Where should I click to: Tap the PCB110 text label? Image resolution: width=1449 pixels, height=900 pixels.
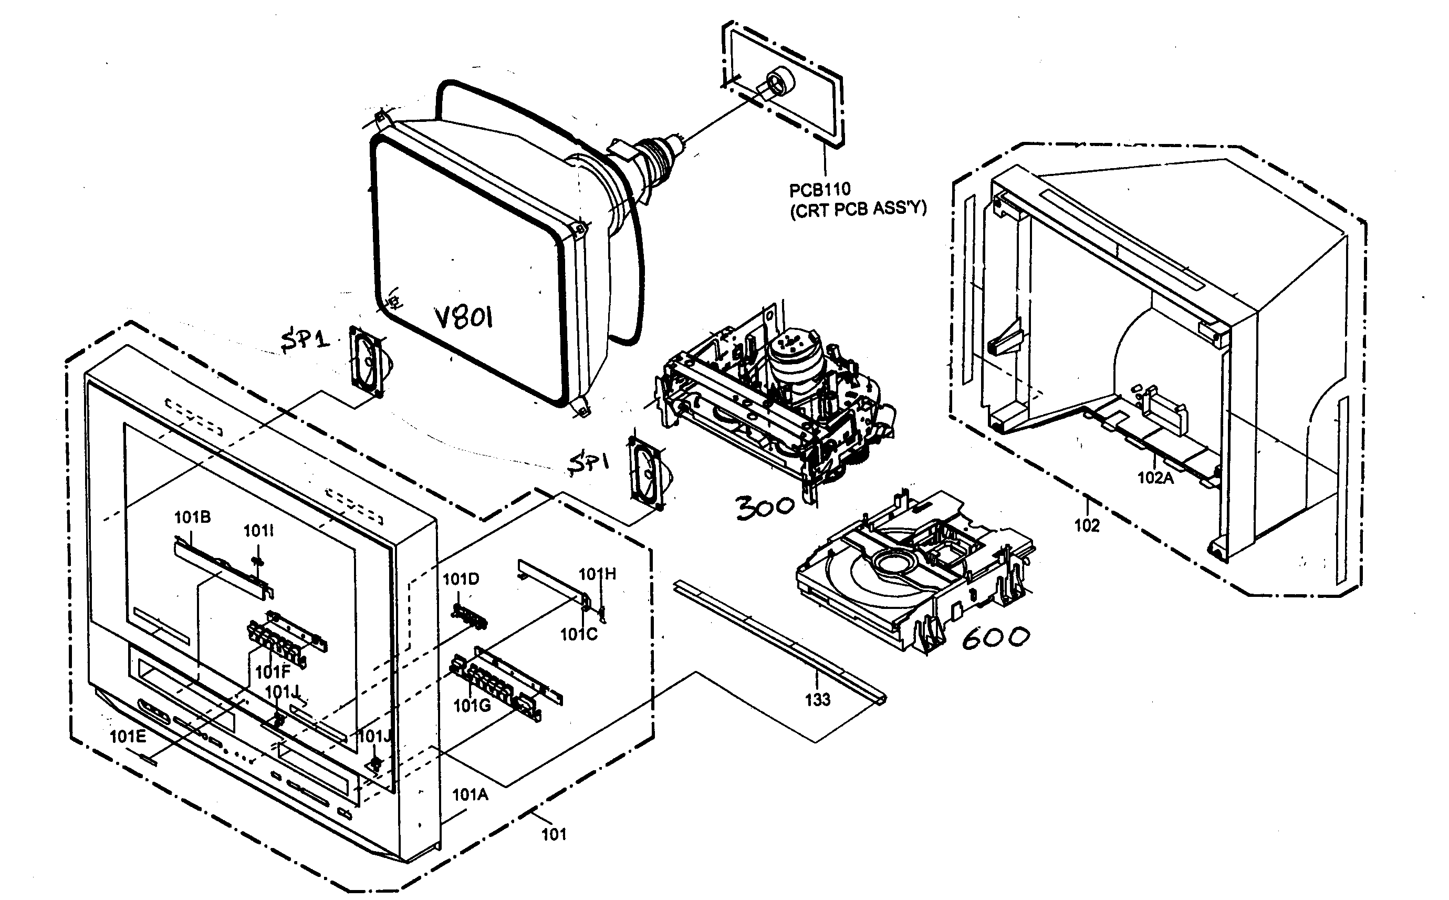point(820,190)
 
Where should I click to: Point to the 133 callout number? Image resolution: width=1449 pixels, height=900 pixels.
point(817,699)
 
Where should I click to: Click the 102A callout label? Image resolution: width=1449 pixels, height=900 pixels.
point(1155,478)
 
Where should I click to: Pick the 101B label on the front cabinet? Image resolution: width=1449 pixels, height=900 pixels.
point(192,518)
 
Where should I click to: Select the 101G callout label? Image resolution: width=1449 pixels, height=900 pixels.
point(472,706)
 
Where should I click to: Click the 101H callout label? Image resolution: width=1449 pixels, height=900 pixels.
point(597,574)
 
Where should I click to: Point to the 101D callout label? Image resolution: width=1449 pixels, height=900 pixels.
point(461,578)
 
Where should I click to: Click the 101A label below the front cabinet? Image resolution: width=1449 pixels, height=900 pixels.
point(470,794)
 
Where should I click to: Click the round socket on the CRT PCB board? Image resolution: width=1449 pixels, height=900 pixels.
point(777,81)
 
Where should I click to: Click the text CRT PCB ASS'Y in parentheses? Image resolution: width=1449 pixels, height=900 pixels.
point(858,210)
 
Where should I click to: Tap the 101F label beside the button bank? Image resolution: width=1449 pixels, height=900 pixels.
point(273,672)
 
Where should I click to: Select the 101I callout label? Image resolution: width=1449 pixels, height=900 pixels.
point(258,531)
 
